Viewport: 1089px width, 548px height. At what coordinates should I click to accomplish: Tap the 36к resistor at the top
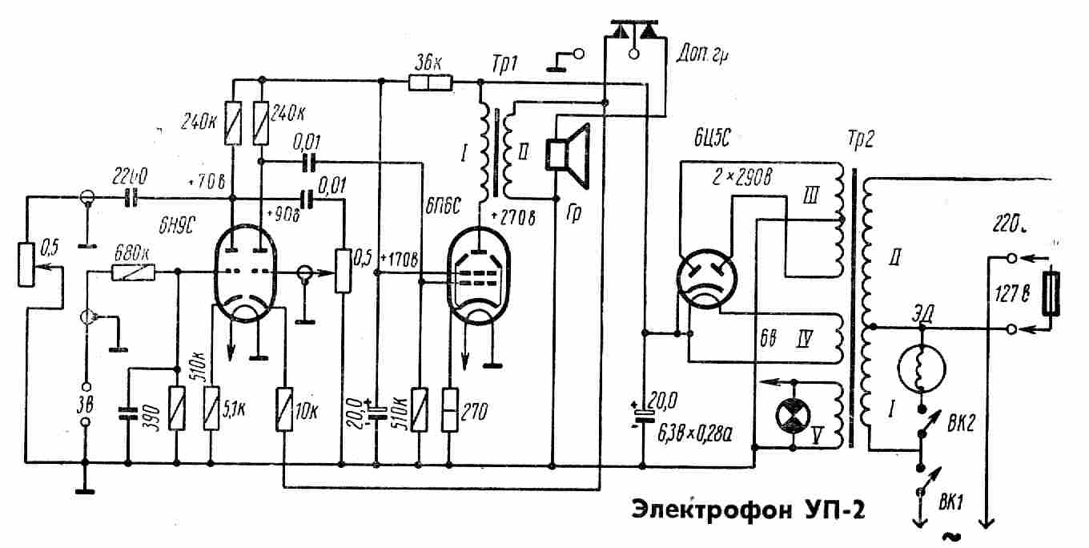[431, 81]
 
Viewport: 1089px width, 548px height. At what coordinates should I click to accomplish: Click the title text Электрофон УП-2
[749, 510]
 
